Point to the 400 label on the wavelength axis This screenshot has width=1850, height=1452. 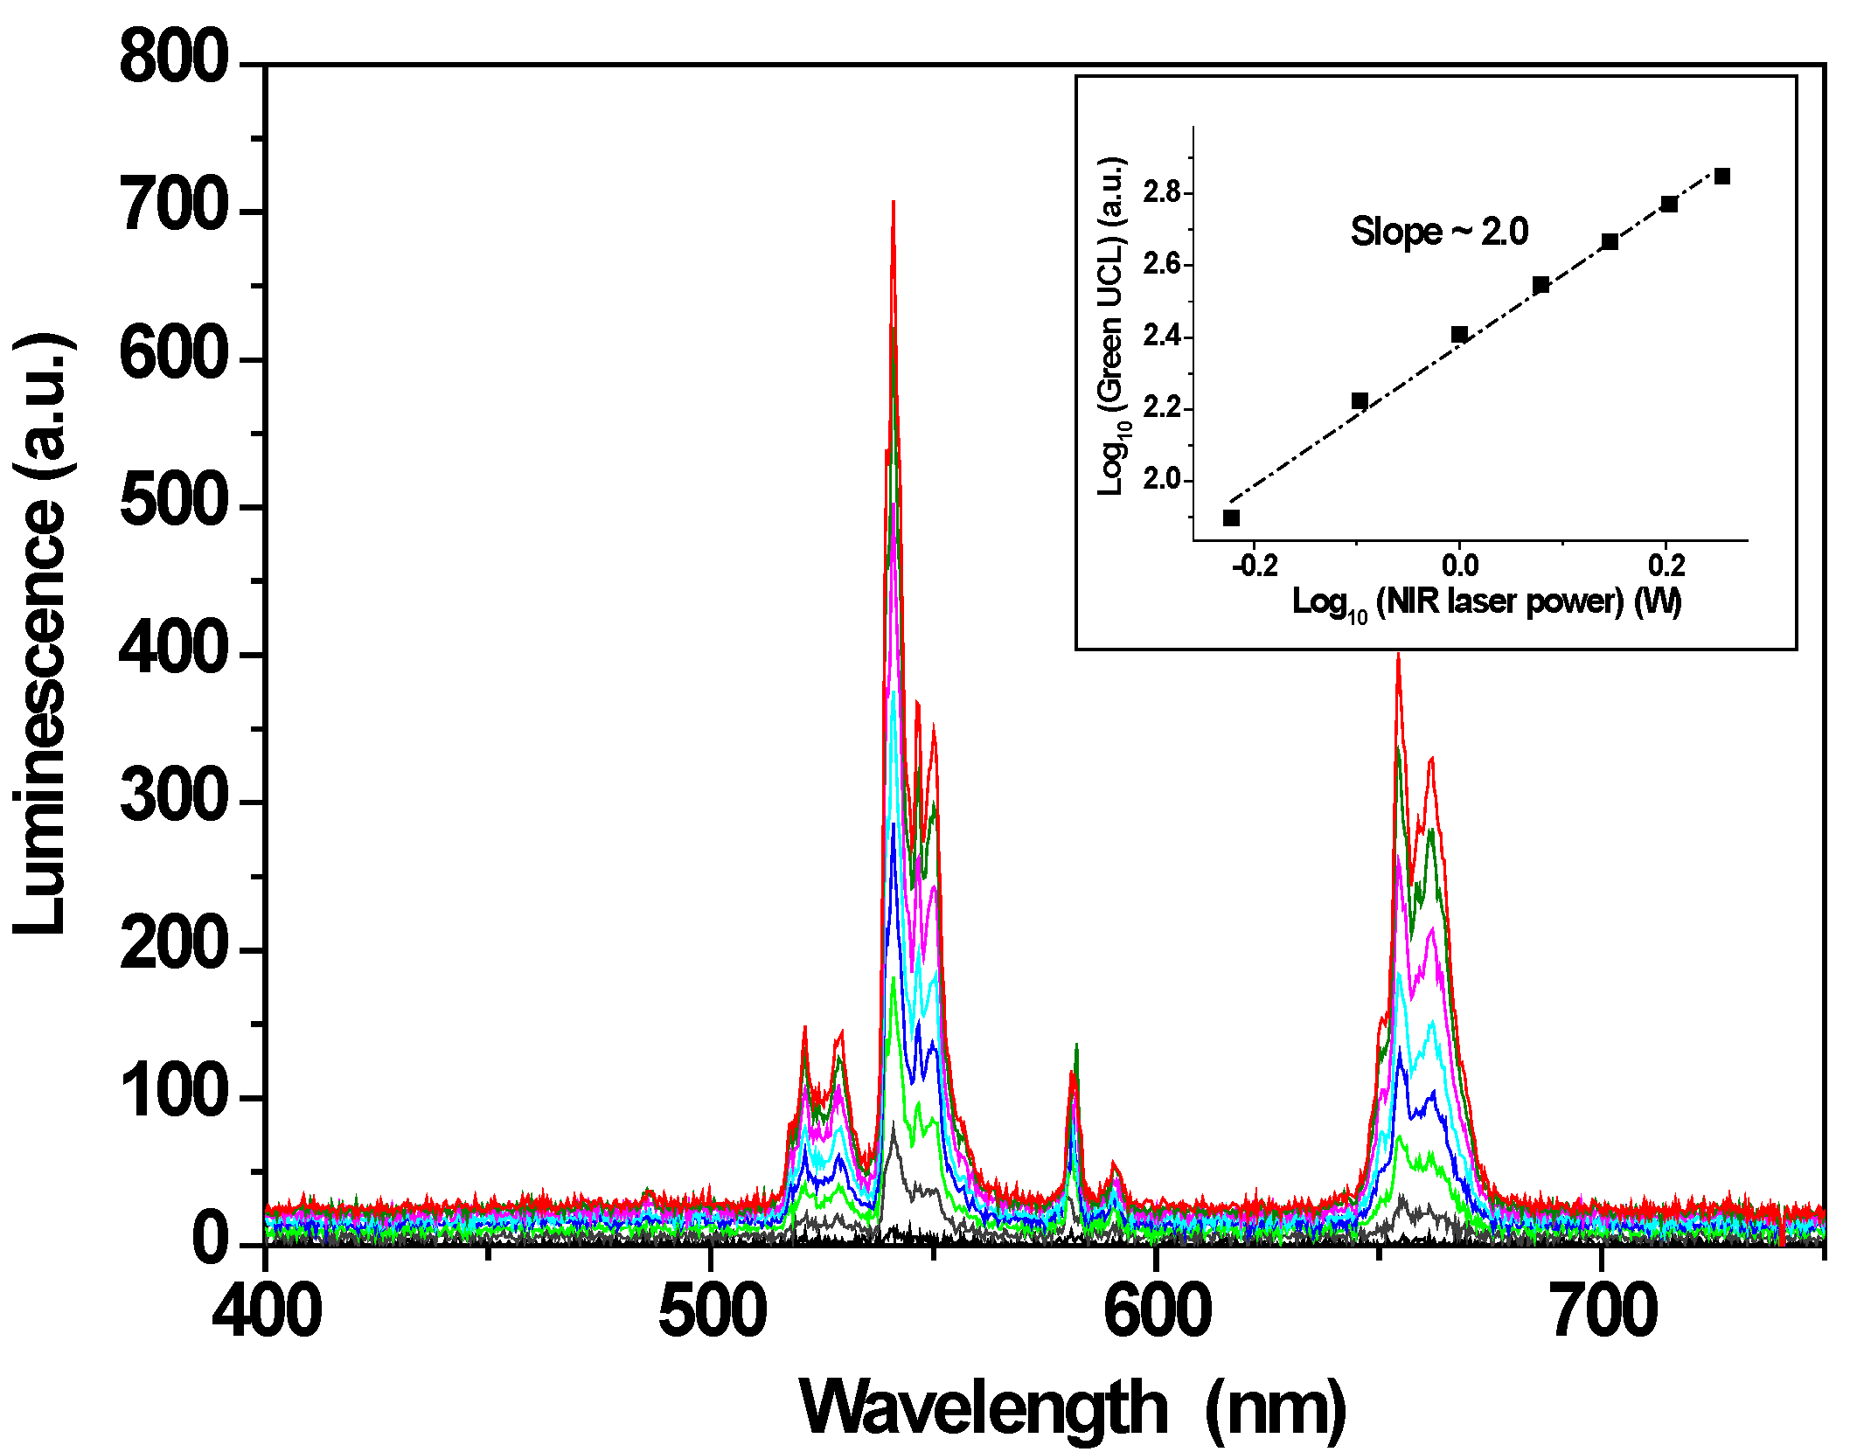[x=267, y=1311]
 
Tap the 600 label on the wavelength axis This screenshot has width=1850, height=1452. [x=1157, y=1311]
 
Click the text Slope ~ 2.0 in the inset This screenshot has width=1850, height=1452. [x=1439, y=232]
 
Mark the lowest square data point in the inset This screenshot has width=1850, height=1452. [x=1231, y=518]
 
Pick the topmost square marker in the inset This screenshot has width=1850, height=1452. [x=1722, y=177]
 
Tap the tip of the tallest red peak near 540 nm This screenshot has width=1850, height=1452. [x=893, y=203]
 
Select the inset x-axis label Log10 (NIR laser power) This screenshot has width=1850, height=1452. [x=1486, y=602]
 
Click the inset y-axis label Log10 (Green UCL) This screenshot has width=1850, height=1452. [x=1112, y=327]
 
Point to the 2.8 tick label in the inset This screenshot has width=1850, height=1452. [x=1162, y=192]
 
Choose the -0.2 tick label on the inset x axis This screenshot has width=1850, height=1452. [x=1254, y=566]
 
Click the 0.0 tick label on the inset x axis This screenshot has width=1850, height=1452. [x=1459, y=566]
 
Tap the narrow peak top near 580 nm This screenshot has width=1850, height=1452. [x=1076, y=1045]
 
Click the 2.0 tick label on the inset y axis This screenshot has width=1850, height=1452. [x=1162, y=480]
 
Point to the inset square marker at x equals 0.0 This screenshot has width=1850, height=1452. [x=1459, y=335]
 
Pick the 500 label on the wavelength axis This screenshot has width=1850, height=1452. [x=712, y=1311]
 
